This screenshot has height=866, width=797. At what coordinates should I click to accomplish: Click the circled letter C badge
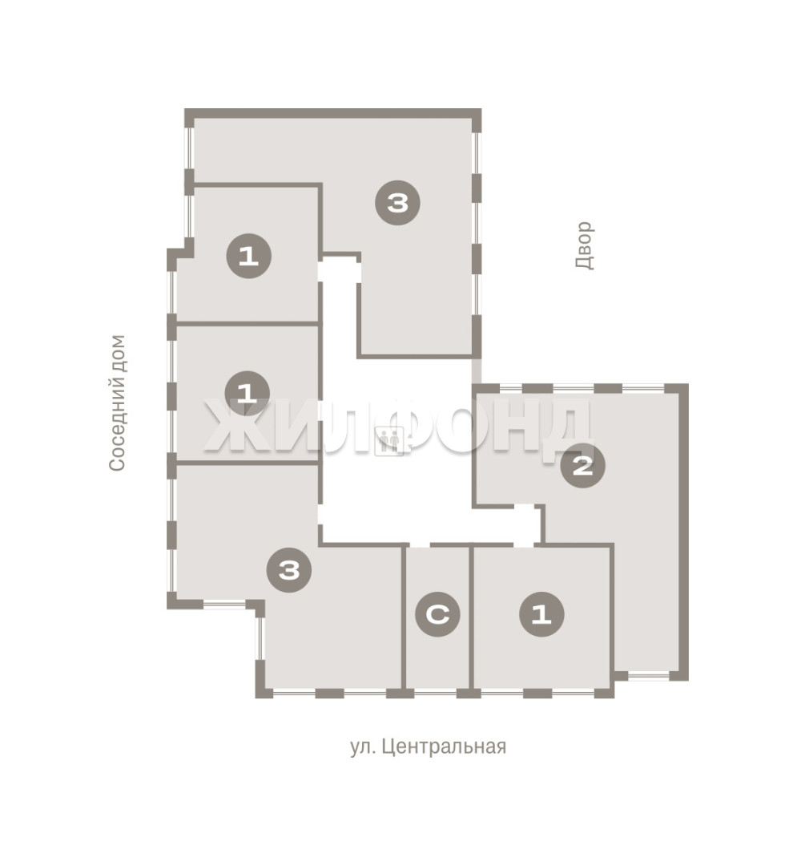tap(437, 613)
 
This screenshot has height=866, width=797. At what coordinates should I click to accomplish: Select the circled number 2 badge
tap(582, 466)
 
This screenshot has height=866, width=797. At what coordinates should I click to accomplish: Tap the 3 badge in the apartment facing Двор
tap(397, 203)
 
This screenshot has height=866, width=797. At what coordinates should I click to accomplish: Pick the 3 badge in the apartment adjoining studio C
tap(289, 569)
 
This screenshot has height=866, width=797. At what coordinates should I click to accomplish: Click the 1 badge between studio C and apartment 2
tap(541, 613)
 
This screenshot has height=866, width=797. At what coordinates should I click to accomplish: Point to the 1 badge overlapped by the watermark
tap(247, 393)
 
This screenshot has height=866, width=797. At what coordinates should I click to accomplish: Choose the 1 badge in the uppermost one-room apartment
tap(249, 256)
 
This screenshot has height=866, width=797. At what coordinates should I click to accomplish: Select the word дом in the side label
tap(118, 352)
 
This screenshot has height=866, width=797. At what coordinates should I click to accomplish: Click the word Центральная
tap(444, 747)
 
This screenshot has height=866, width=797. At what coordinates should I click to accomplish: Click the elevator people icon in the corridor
tap(389, 441)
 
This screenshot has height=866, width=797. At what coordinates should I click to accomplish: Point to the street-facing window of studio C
tap(435, 693)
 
